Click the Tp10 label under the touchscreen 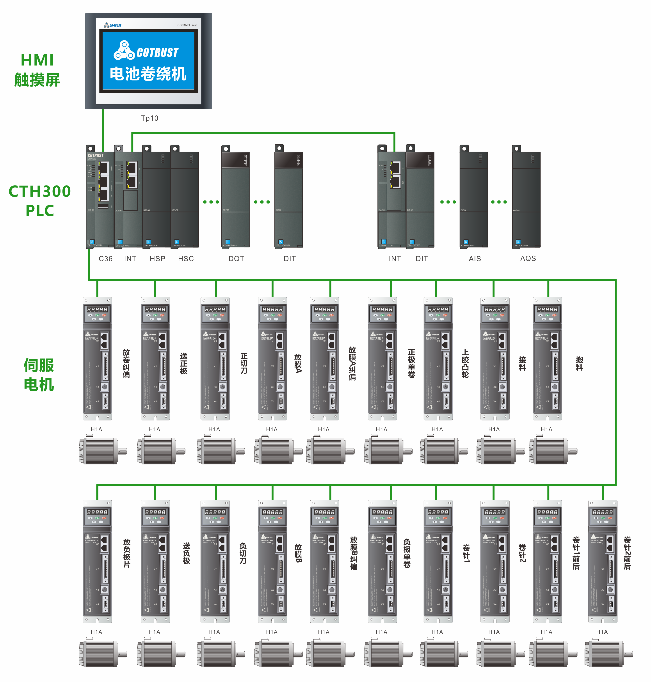(149, 118)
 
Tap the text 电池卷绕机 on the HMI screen (148, 74)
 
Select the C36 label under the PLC (105, 259)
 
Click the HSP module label (158, 259)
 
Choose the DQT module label (236, 259)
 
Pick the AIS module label (475, 259)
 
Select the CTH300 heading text (39, 191)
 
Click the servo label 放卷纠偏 (126, 363)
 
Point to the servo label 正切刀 (244, 363)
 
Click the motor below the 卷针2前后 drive (608, 654)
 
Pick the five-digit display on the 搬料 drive (547, 309)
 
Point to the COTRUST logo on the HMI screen (146, 51)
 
